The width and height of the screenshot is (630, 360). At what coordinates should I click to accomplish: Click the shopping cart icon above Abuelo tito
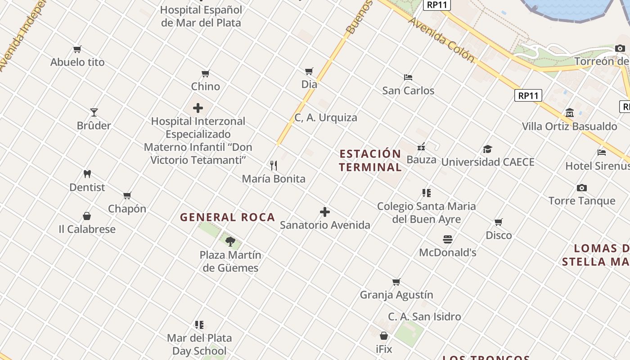[x=77, y=49]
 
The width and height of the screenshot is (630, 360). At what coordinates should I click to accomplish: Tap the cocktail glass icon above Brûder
[x=94, y=112]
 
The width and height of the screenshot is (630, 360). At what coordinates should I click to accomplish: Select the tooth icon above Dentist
[x=87, y=174]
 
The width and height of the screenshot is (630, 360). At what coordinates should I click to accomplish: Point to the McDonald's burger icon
[x=447, y=239]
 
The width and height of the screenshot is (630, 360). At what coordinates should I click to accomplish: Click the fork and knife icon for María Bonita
[x=273, y=165]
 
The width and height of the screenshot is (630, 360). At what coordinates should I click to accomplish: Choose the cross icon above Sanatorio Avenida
[x=325, y=211]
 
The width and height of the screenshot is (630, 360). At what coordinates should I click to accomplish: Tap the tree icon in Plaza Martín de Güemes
[x=230, y=242]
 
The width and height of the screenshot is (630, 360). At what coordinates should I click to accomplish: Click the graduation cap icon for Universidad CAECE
[x=487, y=149]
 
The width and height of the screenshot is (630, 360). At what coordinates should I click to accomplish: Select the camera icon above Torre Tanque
[x=581, y=188]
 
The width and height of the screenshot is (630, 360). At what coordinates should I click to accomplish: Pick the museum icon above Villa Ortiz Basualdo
[x=569, y=112]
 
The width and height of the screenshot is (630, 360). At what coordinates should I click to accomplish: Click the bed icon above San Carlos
[x=408, y=77]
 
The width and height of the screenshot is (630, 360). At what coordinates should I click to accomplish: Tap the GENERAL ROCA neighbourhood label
[x=227, y=217]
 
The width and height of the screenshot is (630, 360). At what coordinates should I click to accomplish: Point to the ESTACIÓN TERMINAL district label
[x=370, y=161]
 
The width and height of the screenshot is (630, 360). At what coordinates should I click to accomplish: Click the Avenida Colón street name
[x=441, y=40]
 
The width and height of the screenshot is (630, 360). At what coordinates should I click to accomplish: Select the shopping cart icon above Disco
[x=499, y=222]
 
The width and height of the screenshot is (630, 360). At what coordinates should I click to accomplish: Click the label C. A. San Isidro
[x=424, y=317]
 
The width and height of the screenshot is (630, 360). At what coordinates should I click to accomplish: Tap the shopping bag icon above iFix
[x=384, y=336]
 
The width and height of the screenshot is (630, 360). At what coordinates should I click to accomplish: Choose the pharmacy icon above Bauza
[x=421, y=147]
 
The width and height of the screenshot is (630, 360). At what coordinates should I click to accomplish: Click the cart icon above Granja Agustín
[x=396, y=282]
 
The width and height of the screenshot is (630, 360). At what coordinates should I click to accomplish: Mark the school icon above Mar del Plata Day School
[x=199, y=324]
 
